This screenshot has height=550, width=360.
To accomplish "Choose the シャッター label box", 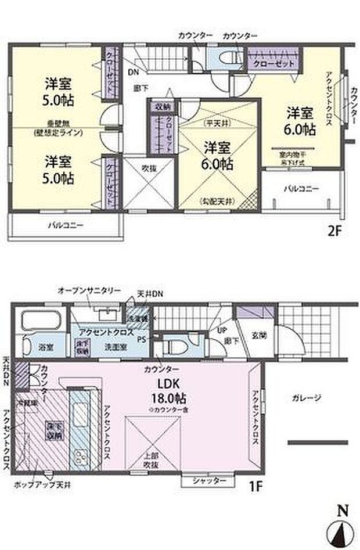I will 207,481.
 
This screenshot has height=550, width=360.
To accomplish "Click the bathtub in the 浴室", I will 41,321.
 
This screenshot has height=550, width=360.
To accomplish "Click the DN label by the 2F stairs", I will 133,73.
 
